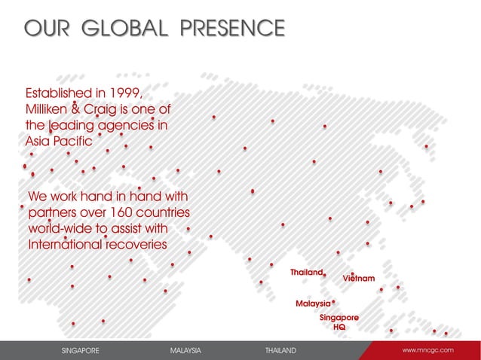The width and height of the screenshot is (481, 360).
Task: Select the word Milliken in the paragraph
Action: (51, 109)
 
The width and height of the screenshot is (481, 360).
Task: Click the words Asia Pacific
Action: (59, 141)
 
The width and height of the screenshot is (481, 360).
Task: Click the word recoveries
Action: (143, 245)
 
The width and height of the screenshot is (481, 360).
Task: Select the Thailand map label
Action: (306, 271)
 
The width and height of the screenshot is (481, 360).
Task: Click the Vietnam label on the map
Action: (359, 279)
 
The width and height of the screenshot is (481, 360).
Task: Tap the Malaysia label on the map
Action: (313, 303)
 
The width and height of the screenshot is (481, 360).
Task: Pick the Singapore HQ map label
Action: (339, 322)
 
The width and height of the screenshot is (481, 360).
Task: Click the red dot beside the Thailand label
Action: (324, 276)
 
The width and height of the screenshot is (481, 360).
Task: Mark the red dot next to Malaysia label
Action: (333, 301)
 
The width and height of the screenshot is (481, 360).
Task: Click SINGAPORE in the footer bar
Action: (80, 351)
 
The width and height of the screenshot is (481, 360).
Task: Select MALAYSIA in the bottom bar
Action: (185, 351)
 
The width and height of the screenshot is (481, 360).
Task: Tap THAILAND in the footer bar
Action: (280, 351)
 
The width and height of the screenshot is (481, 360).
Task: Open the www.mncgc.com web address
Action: (428, 350)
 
